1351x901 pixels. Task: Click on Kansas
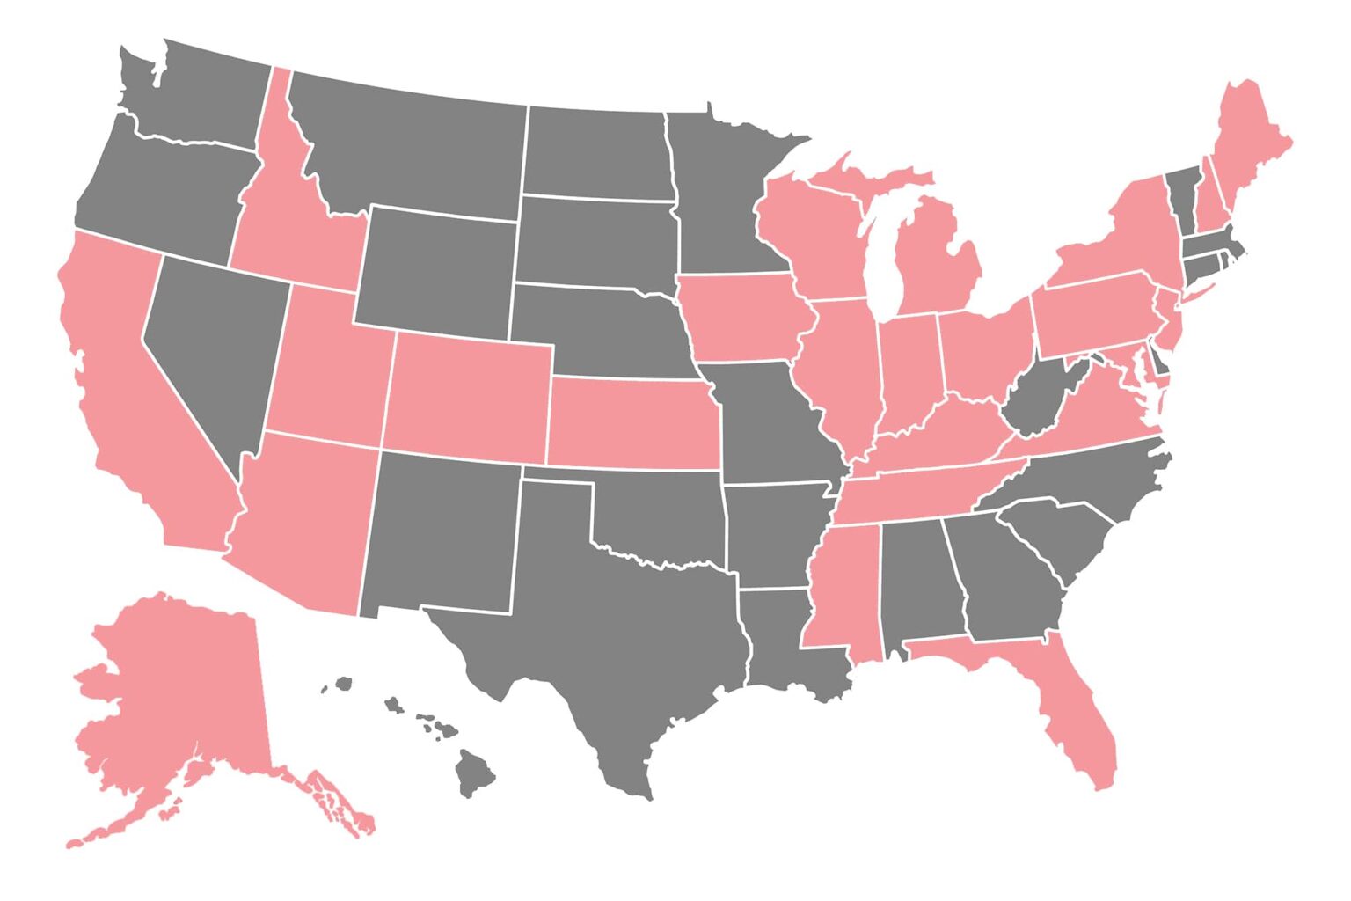(629, 422)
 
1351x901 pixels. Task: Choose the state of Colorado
(466, 396)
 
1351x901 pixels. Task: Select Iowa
(743, 317)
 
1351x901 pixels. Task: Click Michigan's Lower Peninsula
(937, 264)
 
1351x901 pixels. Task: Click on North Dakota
(598, 154)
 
